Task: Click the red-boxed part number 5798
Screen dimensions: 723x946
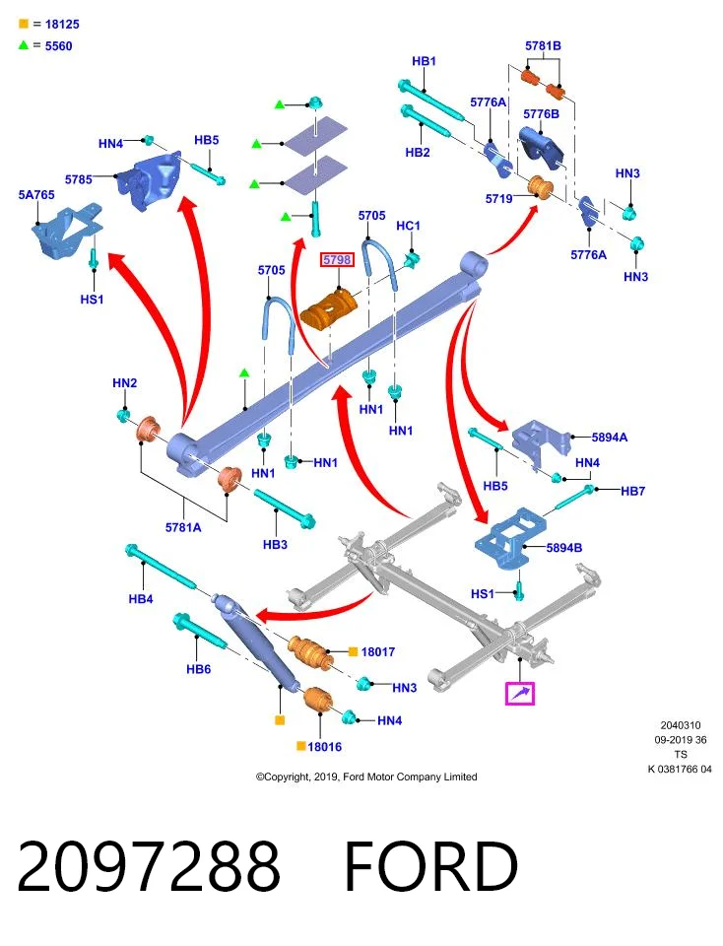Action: pos(337,260)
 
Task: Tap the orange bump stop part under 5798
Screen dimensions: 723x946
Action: pos(329,308)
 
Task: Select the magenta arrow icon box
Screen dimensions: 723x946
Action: pos(520,693)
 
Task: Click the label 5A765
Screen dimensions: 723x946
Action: pos(36,195)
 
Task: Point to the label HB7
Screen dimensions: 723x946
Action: pos(633,491)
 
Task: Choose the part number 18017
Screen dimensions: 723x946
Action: pos(378,651)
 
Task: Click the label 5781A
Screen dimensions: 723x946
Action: pos(183,527)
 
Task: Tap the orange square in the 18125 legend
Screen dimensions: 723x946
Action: pos(24,24)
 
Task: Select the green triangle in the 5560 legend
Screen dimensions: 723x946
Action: pos(24,45)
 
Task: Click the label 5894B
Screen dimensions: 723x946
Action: pos(564,548)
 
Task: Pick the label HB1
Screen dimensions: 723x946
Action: pos(424,61)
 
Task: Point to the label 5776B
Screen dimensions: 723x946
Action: pos(541,114)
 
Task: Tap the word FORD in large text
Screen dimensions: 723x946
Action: pos(431,866)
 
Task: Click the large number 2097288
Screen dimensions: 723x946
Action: pos(149,866)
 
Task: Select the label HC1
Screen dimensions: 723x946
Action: pos(408,226)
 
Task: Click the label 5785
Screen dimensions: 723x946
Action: pos(79,179)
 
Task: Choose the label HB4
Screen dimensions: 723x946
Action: pos(141,599)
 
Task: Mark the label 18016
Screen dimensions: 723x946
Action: pos(324,747)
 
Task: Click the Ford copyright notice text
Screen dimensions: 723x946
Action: pos(366,777)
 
